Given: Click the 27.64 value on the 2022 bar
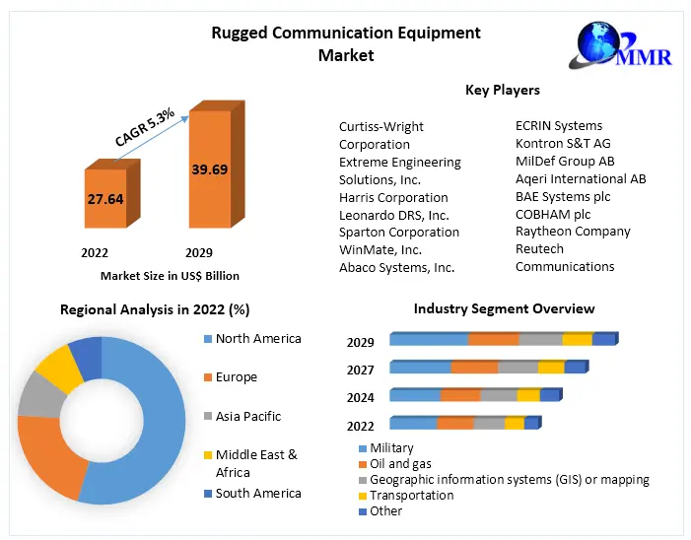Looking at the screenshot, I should (x=104, y=199).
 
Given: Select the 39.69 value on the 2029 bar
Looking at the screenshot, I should (x=209, y=169).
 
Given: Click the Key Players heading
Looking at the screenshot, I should (x=502, y=90).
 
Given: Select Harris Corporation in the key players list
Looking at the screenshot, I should (x=393, y=197).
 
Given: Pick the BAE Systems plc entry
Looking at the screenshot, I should (x=563, y=196).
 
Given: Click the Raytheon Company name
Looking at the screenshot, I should (x=572, y=232).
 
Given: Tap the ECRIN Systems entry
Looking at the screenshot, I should (x=558, y=125).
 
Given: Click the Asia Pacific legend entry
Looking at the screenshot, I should (x=247, y=417).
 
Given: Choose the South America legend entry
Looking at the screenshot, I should (x=258, y=493).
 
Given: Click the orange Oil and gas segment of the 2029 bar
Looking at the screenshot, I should (x=493, y=340).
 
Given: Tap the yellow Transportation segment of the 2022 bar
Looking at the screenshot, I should (x=514, y=424).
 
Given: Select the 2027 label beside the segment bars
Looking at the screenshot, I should (x=361, y=371).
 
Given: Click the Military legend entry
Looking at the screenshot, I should (x=390, y=448).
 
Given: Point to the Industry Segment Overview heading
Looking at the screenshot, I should (x=504, y=309).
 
